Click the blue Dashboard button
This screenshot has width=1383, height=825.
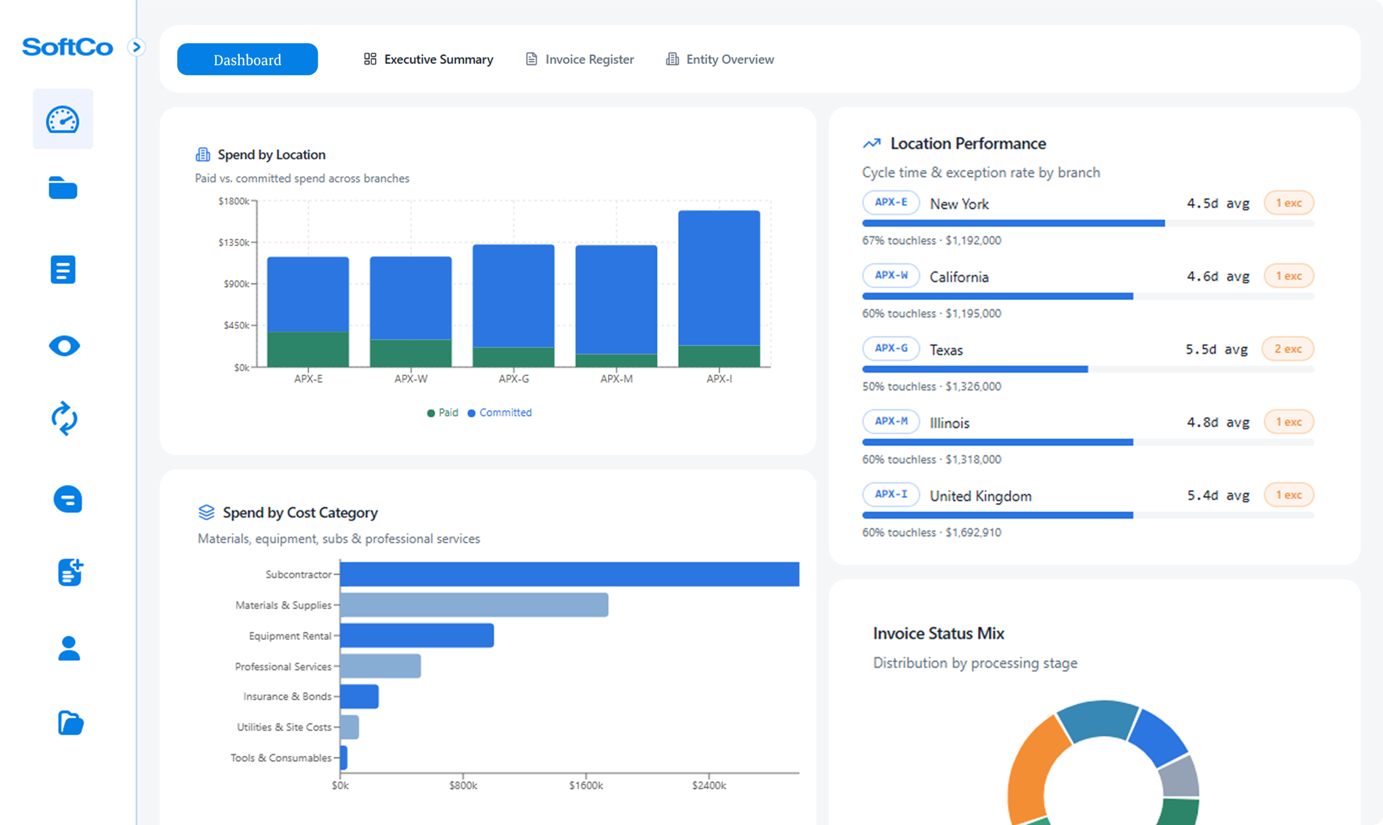(x=247, y=59)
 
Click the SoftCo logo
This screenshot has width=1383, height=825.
(x=68, y=47)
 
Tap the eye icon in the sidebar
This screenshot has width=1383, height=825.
(x=64, y=346)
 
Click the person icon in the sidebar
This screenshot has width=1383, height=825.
(x=69, y=648)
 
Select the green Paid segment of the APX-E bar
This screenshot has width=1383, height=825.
(x=308, y=349)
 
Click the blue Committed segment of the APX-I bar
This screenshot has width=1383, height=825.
(x=719, y=278)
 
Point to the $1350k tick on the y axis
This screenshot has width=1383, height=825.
(x=234, y=243)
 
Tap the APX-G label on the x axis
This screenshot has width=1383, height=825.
(x=514, y=379)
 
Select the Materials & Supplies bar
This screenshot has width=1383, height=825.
(x=474, y=605)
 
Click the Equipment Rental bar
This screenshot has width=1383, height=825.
(x=417, y=635)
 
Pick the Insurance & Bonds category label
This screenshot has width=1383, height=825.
(x=287, y=696)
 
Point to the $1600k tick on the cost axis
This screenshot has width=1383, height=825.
(x=586, y=785)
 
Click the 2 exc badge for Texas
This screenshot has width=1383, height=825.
(x=1287, y=349)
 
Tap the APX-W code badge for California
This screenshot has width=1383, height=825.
(x=890, y=275)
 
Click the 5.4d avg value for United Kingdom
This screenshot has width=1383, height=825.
(x=1218, y=495)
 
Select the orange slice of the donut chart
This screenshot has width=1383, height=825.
(x=1029, y=773)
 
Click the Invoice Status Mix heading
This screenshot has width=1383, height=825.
(x=938, y=633)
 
